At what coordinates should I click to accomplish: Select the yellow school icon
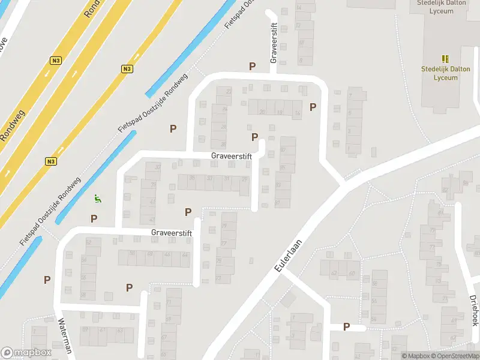pos(445,58)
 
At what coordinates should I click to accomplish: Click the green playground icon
pos(97,198)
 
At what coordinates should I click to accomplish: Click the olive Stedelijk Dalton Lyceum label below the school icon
pos(445,73)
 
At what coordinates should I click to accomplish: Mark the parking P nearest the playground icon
pos(94,218)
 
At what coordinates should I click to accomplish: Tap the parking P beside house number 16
pos(313,107)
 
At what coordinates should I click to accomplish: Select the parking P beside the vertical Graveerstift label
pos(253,66)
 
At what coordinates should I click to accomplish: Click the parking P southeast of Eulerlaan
pos(346,326)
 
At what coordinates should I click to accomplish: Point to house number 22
pos(229,91)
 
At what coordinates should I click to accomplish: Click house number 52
pos(89,242)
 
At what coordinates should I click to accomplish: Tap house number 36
pos(192,178)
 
